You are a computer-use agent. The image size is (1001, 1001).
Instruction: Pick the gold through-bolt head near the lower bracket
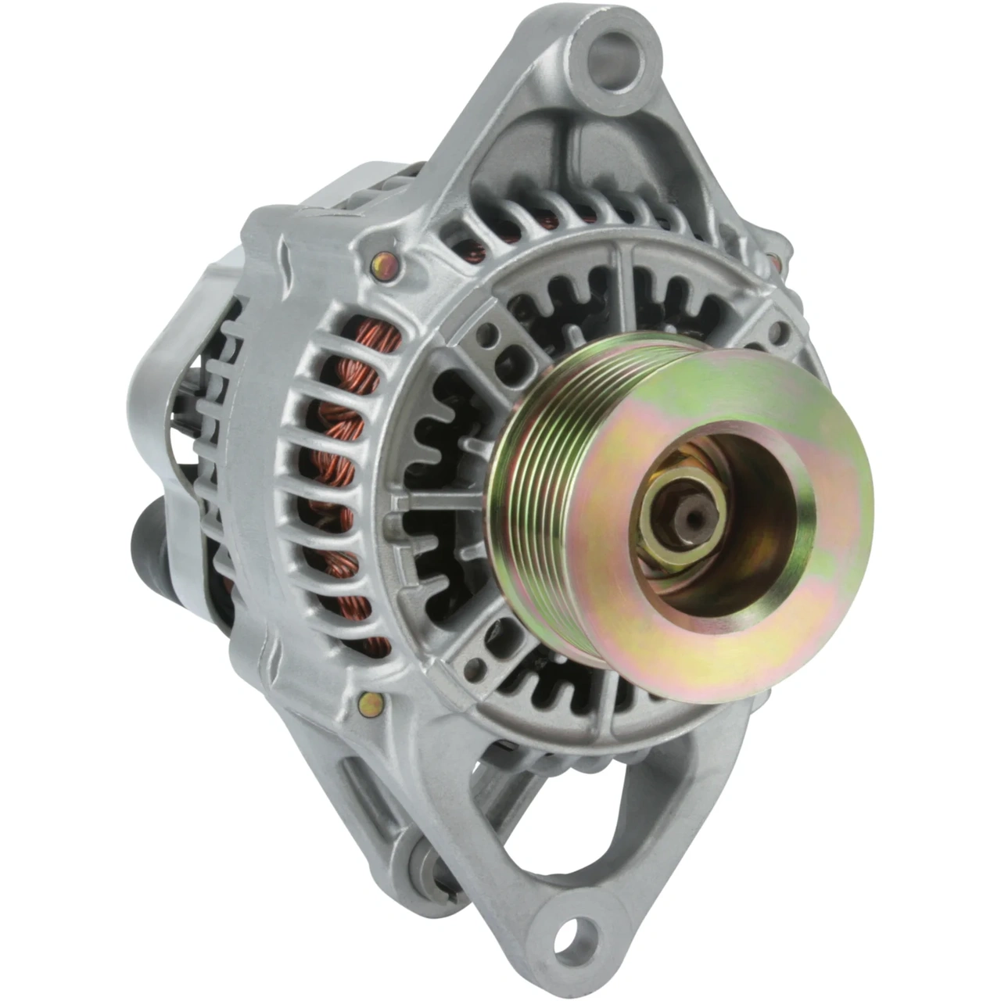coord(371,703)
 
